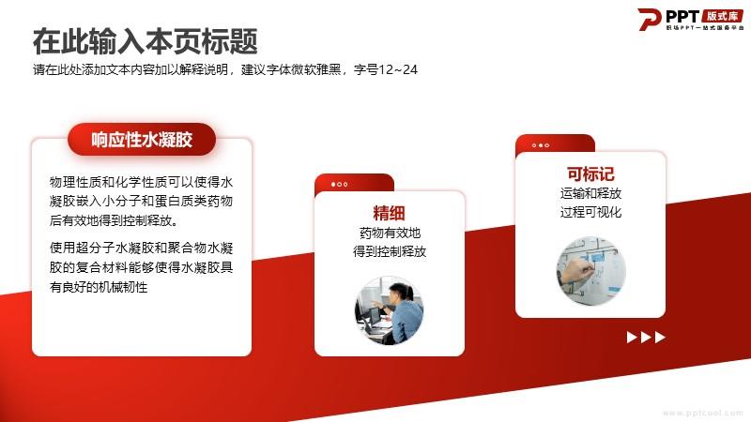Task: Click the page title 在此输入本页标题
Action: (x=146, y=41)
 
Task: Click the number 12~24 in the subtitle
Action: (x=398, y=69)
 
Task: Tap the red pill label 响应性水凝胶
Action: (x=142, y=139)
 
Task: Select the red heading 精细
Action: (x=389, y=213)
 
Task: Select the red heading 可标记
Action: (x=590, y=173)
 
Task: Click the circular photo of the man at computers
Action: (x=389, y=310)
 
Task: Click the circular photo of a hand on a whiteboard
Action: (x=591, y=270)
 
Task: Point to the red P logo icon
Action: (x=649, y=19)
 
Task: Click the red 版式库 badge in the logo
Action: (x=722, y=16)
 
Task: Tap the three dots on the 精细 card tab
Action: (x=340, y=184)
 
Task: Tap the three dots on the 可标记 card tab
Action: (x=541, y=145)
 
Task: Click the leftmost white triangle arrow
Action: (x=632, y=338)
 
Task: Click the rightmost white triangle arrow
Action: (x=660, y=338)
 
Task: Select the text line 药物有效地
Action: (x=390, y=233)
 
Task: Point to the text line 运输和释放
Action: (x=591, y=193)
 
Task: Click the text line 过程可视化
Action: (x=591, y=212)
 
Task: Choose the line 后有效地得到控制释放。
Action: (x=115, y=220)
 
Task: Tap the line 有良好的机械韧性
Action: (x=99, y=287)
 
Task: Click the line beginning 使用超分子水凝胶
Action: (x=142, y=248)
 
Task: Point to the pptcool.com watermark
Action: (x=702, y=413)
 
